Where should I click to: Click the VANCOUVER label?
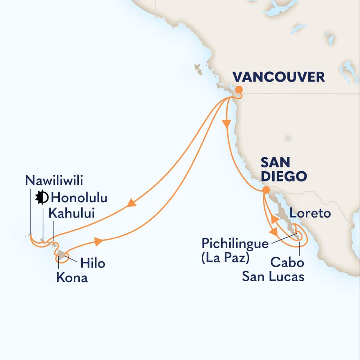point(279,77)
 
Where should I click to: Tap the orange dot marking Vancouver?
point(239,89)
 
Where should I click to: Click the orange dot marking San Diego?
point(266,190)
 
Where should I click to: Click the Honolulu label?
point(79,198)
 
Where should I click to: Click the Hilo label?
point(93,263)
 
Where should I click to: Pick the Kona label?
point(72,278)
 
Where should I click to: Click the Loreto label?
point(310,213)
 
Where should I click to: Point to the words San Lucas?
point(273,277)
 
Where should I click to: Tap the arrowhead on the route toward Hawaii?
point(132,203)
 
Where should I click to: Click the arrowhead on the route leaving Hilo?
point(99,242)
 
